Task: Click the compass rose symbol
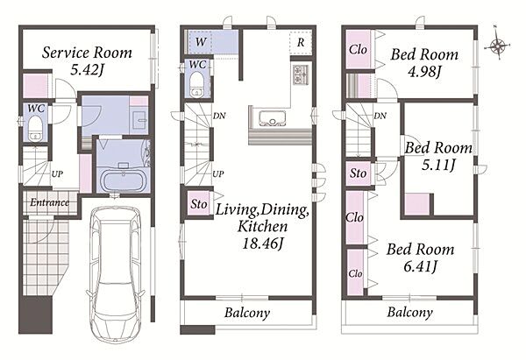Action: click(x=497, y=45)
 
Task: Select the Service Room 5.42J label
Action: click(x=87, y=60)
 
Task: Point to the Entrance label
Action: click(x=50, y=202)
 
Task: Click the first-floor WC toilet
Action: click(x=34, y=128)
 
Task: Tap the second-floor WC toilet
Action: click(x=196, y=86)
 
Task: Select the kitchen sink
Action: click(x=273, y=118)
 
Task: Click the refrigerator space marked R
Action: click(x=301, y=43)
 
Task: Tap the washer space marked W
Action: click(x=201, y=42)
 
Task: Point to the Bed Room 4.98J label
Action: click(x=424, y=62)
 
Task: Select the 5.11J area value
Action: click(x=438, y=165)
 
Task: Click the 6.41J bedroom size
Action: click(x=420, y=266)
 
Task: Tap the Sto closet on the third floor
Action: click(x=359, y=173)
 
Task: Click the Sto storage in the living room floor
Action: click(x=199, y=204)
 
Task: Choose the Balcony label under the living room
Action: click(x=247, y=313)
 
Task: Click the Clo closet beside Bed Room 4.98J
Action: click(x=358, y=50)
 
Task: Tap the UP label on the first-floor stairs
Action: click(x=57, y=174)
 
